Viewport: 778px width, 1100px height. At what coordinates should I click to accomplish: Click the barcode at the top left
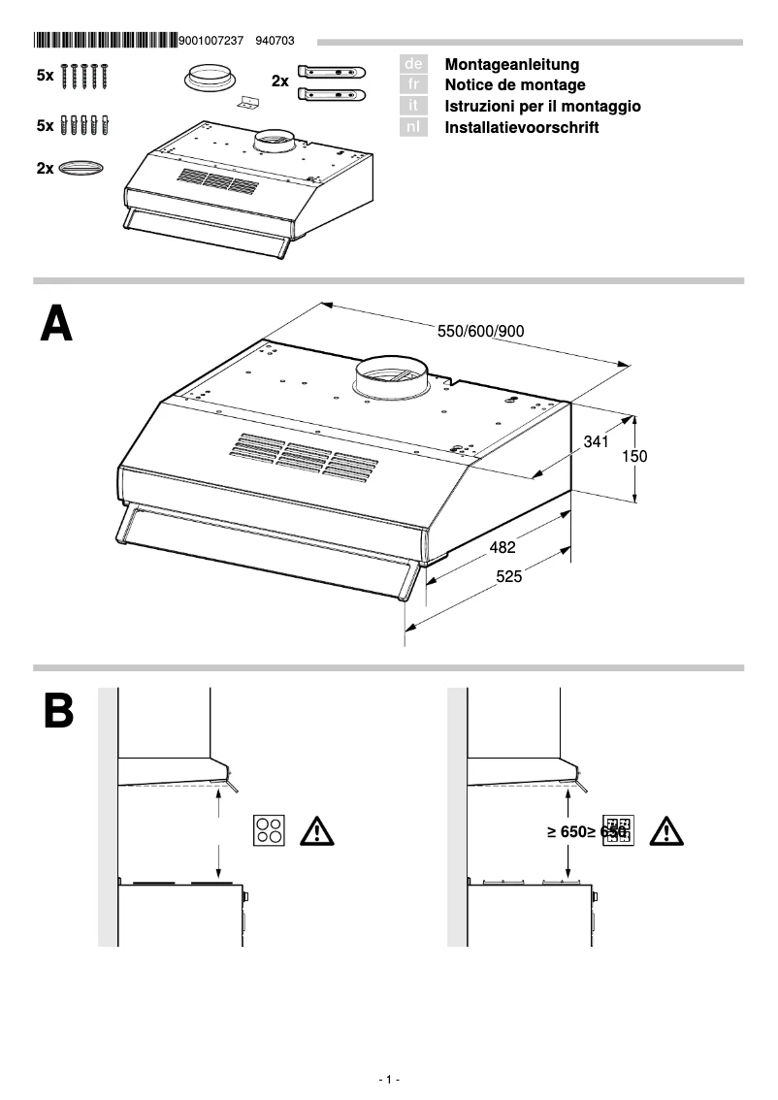(105, 41)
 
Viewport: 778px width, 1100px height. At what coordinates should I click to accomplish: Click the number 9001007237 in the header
(213, 41)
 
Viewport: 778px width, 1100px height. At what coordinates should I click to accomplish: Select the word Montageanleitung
(511, 64)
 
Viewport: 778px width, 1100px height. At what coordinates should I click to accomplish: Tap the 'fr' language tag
(413, 85)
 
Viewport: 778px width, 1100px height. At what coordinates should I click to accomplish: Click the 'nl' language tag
(413, 127)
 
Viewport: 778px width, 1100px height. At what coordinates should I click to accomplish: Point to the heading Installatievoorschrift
(521, 127)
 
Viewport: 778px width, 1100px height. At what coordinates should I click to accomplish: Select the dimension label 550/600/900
(481, 331)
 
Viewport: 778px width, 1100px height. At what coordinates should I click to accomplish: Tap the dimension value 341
(596, 442)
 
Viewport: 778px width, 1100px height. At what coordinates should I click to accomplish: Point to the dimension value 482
(502, 547)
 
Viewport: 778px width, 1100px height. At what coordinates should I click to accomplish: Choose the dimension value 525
(509, 576)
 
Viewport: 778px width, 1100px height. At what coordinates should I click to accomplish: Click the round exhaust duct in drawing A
(389, 378)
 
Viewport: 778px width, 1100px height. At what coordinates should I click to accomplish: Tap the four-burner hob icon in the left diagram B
(269, 830)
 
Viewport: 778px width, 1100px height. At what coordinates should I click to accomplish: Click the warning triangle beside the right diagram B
(666, 831)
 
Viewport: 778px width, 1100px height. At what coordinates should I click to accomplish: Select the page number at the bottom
(389, 1079)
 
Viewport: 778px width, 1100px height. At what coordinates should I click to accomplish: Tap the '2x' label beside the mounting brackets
(279, 82)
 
